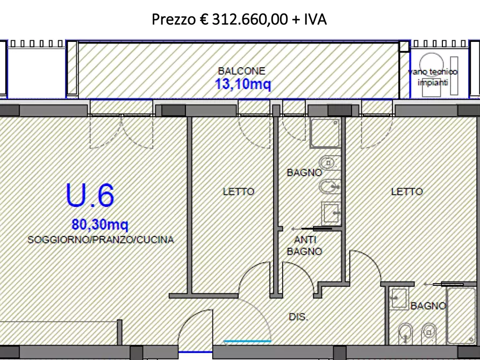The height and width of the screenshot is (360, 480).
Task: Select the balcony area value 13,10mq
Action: [x=243, y=84]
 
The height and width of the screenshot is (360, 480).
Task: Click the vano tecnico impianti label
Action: [x=433, y=77]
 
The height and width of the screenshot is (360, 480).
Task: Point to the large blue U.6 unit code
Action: [x=90, y=196]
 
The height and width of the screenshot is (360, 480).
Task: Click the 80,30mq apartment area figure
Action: [x=100, y=224]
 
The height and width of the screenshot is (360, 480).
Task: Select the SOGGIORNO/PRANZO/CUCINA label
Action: [x=101, y=240]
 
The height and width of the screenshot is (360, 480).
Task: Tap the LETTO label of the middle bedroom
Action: [x=239, y=191]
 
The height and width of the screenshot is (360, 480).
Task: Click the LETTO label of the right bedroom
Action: [x=407, y=191]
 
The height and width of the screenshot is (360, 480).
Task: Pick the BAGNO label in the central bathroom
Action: [x=304, y=173]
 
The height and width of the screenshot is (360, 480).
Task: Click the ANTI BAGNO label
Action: [x=305, y=246]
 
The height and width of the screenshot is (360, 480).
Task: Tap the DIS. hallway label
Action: [x=298, y=318]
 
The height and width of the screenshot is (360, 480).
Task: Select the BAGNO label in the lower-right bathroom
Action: [x=428, y=306]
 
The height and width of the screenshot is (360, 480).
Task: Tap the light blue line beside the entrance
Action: [x=247, y=341]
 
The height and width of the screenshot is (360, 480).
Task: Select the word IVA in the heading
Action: [x=315, y=20]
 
